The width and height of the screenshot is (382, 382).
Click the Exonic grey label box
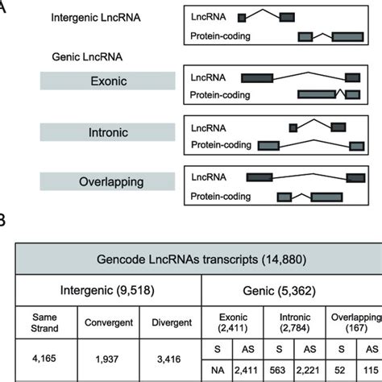[x=105, y=81]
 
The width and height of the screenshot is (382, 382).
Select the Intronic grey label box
[x=105, y=131]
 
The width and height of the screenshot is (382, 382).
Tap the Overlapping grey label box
[x=105, y=181]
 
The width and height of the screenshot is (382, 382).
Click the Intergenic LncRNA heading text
[x=99, y=17]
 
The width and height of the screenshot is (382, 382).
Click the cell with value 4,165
[x=36, y=361]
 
